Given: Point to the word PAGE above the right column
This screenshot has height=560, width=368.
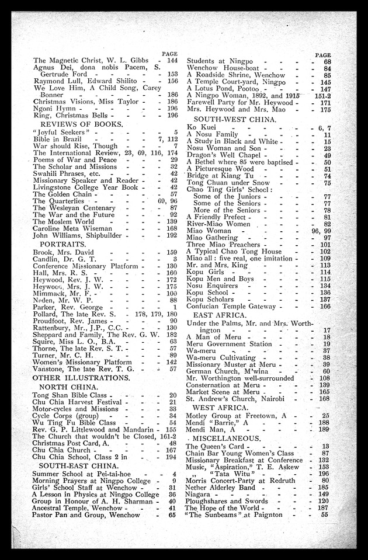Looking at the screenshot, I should click(323, 54).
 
